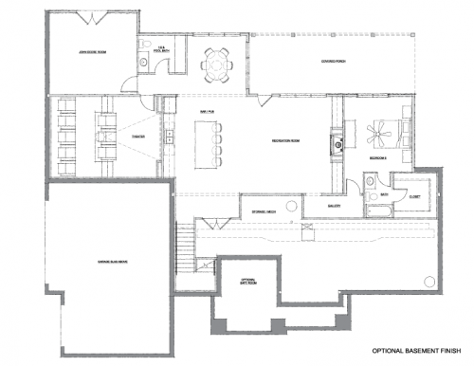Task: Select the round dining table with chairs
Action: pyautogui.click(x=216, y=64)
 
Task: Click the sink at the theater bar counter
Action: pyautogui.click(x=167, y=137)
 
